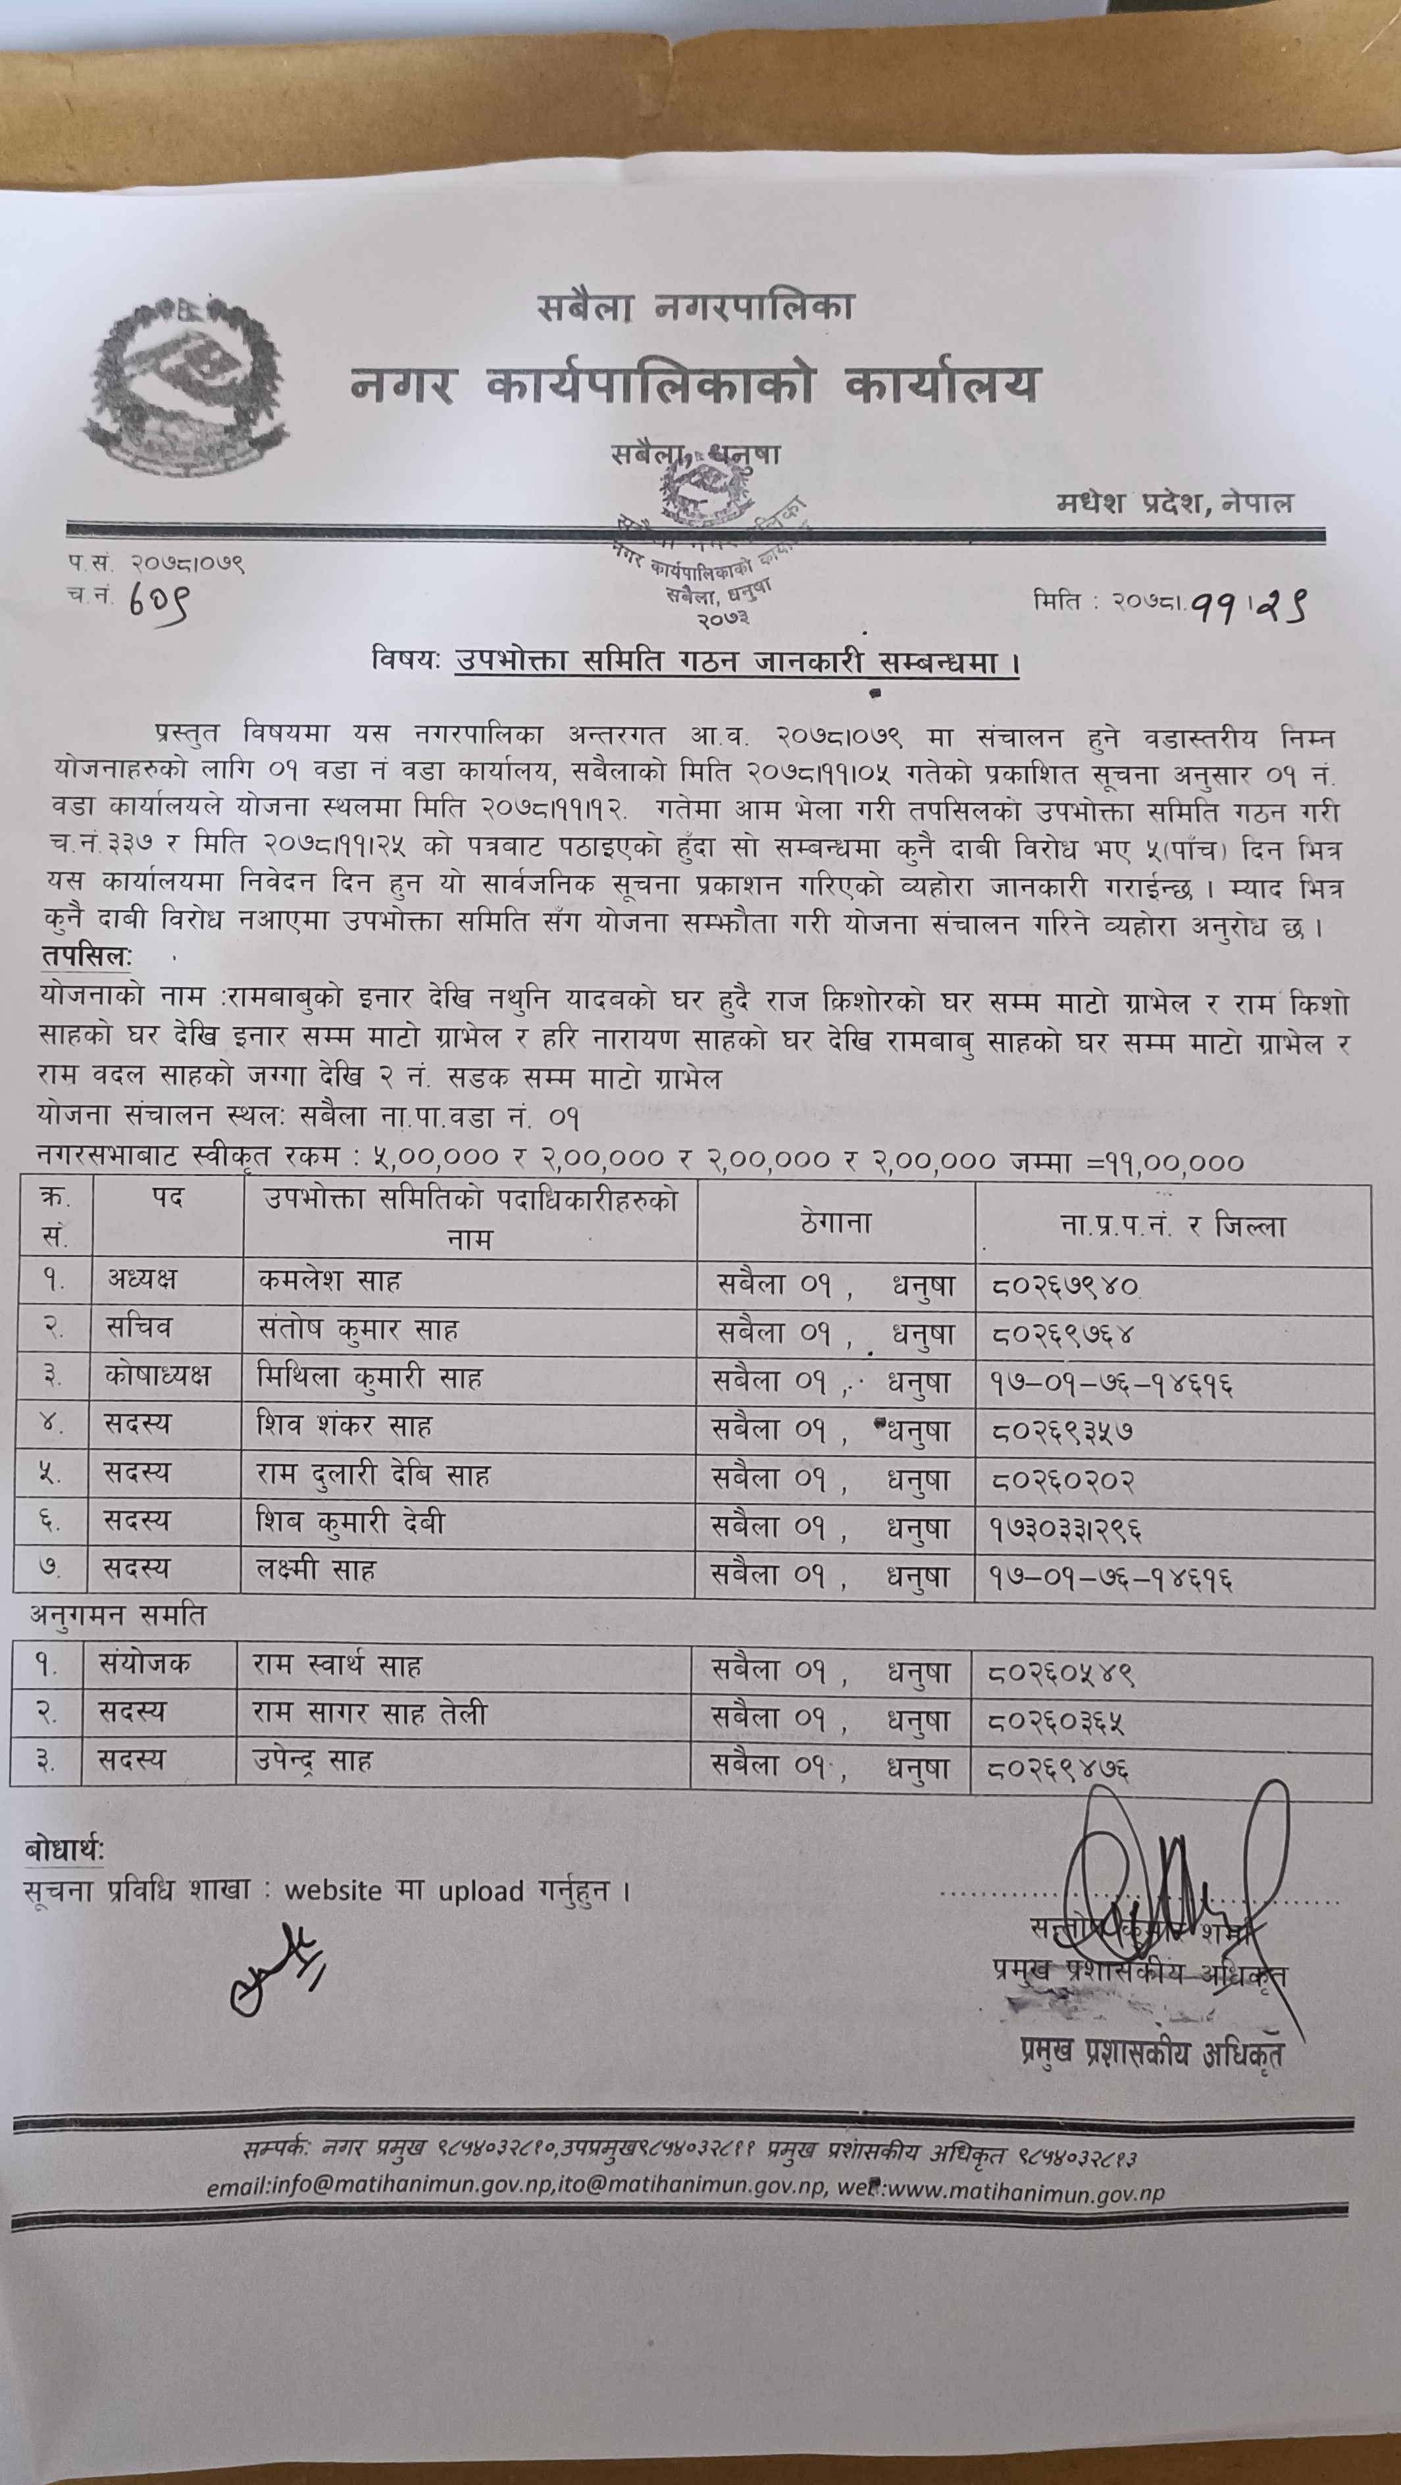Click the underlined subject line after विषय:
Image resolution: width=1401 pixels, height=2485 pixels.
[x=736, y=663]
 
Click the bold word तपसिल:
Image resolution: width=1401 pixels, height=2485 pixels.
[x=87, y=956]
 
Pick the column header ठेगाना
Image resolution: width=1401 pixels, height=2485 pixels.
[x=836, y=1223]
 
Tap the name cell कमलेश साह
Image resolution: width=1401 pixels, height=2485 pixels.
[x=329, y=1281]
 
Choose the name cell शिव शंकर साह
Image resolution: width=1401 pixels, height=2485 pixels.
[x=344, y=1426]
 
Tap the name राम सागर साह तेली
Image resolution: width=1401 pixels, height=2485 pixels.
[x=370, y=1712]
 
